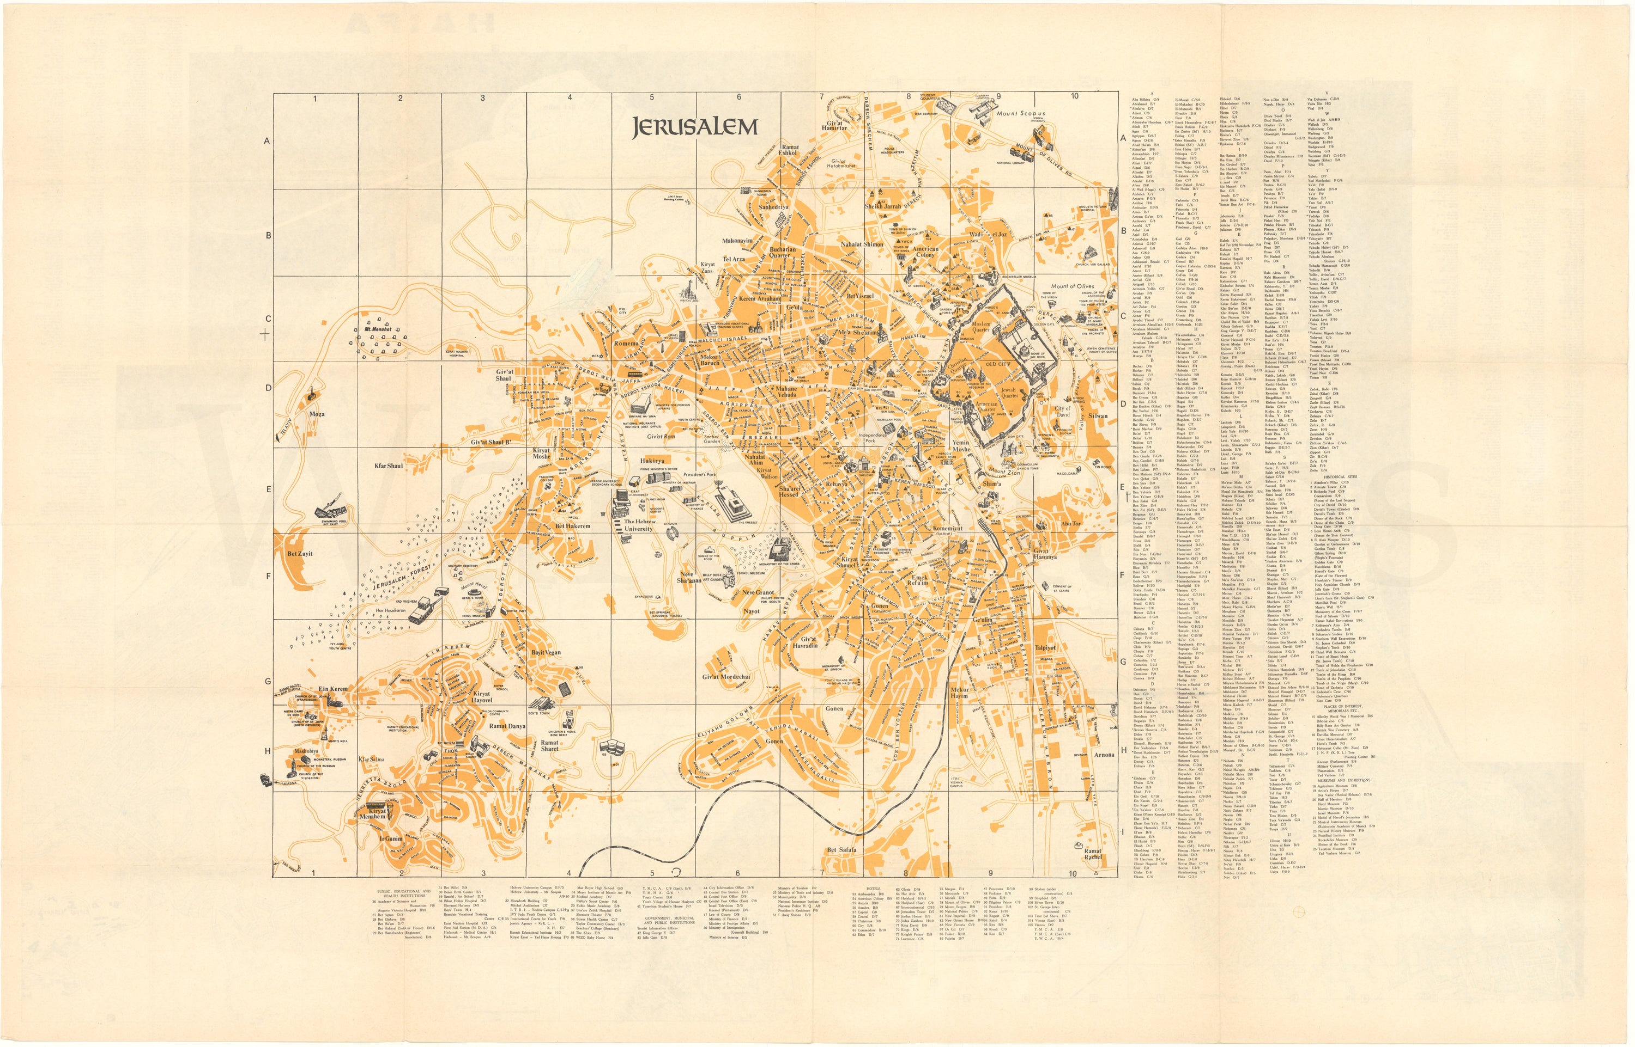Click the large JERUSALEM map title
point(694,127)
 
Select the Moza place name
point(317,414)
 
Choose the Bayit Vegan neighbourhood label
point(546,653)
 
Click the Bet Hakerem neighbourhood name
point(572,526)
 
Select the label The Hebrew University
point(639,525)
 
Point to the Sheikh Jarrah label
point(882,206)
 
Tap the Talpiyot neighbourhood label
point(1045,647)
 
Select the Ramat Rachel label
point(1093,854)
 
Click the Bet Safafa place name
point(841,850)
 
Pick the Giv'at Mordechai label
point(726,677)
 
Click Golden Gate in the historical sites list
point(1324,563)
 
